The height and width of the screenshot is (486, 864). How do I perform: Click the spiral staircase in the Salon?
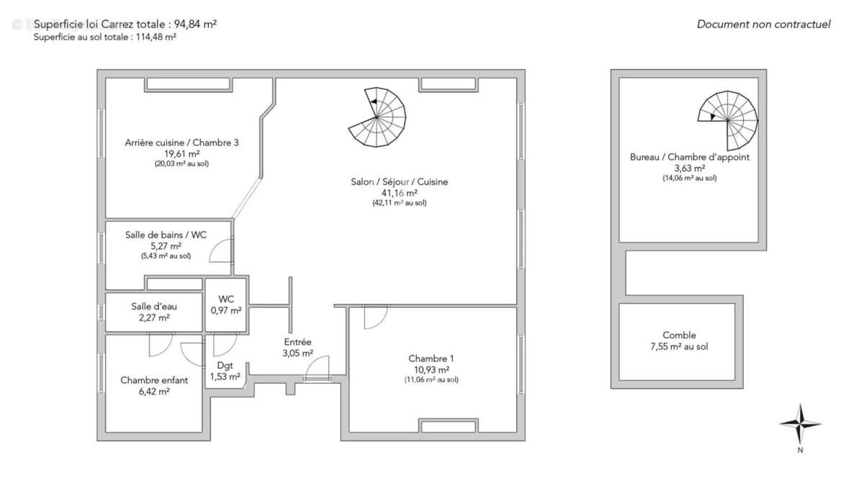378,117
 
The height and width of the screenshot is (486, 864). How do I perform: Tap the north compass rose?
800,425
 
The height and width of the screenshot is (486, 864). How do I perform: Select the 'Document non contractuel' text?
763,24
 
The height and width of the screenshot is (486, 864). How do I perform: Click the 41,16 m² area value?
399,193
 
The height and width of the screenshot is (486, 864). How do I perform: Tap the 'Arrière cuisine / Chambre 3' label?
181,143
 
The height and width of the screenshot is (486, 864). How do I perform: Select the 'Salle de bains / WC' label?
166,235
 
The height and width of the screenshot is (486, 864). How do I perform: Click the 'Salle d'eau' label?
154,306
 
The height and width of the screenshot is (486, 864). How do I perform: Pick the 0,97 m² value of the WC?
226,310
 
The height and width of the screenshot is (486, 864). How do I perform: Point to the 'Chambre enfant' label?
154,380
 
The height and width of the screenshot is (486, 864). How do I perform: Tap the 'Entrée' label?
297,342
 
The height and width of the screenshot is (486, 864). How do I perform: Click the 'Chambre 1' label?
431,359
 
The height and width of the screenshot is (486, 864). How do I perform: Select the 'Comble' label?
679,336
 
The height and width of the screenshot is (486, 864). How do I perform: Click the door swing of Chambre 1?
374,317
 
